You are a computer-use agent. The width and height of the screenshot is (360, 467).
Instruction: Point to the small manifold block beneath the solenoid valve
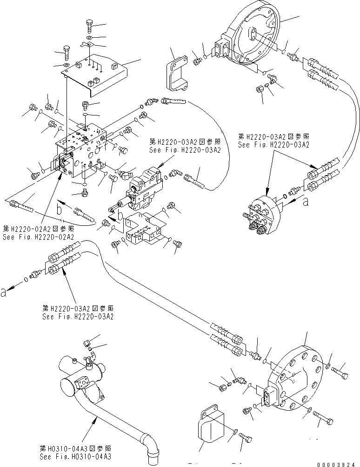click(x=145, y=228)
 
